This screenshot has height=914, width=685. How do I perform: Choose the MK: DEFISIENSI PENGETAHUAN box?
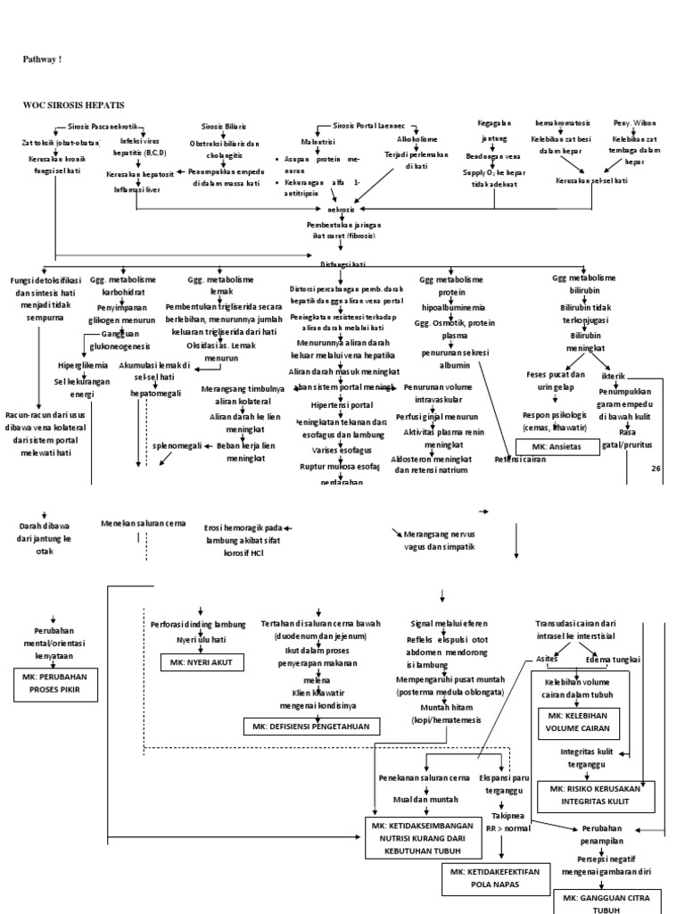tap(311, 727)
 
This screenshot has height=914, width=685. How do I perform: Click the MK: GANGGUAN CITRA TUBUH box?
tap(611, 901)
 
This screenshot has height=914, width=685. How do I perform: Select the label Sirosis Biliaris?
tap(224, 127)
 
